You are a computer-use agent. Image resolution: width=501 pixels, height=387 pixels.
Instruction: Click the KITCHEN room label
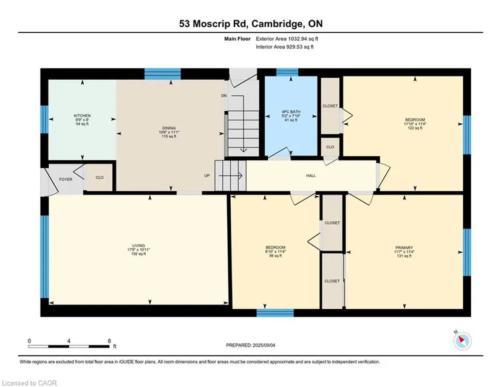click(82, 115)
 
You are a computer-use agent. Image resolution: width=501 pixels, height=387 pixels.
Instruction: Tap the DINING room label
click(169, 128)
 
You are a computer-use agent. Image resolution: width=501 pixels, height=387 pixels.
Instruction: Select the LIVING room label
click(138, 246)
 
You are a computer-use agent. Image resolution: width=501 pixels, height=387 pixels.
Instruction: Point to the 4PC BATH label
click(291, 112)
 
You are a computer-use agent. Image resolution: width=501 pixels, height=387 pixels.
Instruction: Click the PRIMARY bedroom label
click(404, 248)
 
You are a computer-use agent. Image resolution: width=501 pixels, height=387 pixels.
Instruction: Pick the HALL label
click(311, 176)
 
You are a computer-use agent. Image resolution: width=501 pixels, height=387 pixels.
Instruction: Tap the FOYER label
click(66, 180)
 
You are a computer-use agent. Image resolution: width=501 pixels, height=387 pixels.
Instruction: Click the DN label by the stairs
click(224, 95)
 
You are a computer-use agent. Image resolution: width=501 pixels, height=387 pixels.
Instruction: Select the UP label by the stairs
click(207, 176)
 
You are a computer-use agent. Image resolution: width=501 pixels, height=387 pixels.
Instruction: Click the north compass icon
click(462, 341)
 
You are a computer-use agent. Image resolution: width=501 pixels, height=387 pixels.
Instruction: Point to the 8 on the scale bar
click(109, 341)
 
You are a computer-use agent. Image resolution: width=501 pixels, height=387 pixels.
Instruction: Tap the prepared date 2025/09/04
click(264, 345)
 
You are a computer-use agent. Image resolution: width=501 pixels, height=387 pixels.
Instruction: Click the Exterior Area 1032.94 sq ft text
click(287, 39)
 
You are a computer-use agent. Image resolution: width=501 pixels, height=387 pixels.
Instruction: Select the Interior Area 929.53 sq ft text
click(285, 47)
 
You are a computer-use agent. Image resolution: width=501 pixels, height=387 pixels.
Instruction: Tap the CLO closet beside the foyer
click(100, 177)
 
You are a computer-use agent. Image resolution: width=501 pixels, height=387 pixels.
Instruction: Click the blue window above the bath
click(287, 72)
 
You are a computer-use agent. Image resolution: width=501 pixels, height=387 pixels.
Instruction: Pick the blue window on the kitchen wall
click(44, 119)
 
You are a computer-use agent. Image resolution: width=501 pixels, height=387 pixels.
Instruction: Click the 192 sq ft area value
click(138, 254)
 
